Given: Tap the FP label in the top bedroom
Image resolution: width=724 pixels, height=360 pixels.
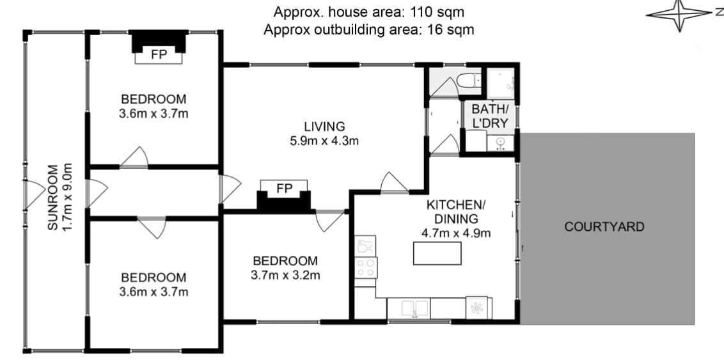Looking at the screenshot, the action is [x=159, y=54].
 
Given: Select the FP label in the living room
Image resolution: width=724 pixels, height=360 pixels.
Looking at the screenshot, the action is [x=284, y=189].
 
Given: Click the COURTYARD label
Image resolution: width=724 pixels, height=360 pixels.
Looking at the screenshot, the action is [x=604, y=226].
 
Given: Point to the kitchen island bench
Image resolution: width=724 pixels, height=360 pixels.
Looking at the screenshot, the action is [x=437, y=253].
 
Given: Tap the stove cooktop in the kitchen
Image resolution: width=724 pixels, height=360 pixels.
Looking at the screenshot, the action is [x=366, y=267].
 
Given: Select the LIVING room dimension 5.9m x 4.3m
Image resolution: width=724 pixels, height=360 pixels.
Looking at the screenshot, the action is [x=324, y=141].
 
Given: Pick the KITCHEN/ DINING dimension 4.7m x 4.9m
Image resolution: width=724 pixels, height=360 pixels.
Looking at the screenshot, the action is [x=456, y=233].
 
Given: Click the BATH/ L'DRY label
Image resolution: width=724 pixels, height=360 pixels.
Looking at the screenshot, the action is [x=490, y=116].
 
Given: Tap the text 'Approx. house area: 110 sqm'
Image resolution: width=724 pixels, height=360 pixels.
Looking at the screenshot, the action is [x=369, y=11].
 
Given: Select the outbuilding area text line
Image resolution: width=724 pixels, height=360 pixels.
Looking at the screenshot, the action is [x=369, y=30].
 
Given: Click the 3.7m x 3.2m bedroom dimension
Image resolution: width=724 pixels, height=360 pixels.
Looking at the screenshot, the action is [x=285, y=276].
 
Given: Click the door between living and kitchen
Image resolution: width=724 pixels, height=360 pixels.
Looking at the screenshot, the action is [x=395, y=182].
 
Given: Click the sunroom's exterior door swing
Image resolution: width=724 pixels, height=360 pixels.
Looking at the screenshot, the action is [x=35, y=193].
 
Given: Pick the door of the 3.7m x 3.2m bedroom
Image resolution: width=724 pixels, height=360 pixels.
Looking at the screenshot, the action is [x=329, y=221].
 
